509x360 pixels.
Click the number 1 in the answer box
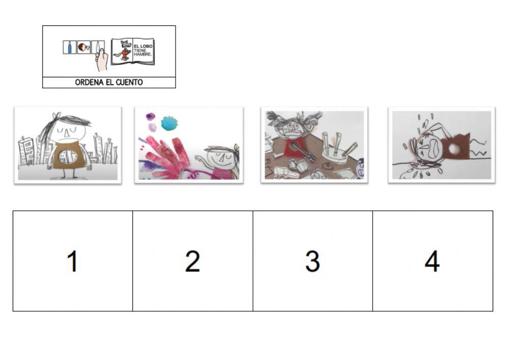(73, 261)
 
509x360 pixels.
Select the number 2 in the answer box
(192, 261)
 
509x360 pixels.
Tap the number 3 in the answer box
(313, 261)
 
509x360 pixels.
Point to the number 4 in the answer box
(432, 261)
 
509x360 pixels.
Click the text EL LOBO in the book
(143, 46)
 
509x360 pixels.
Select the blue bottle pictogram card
(69, 47)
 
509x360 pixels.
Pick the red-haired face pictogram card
(84, 47)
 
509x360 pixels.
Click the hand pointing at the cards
(102, 60)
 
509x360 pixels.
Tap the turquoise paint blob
(169, 123)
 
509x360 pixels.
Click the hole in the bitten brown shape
(452, 149)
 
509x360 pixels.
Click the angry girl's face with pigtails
(292, 127)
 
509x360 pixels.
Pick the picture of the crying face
(442, 145)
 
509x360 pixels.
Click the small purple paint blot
(151, 116)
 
